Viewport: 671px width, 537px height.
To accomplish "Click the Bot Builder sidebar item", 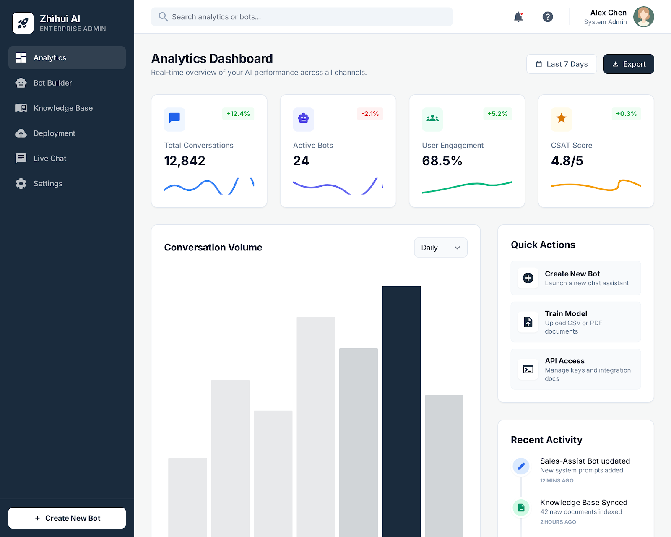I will tap(52, 83).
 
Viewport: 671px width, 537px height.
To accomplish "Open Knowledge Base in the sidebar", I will tap(63, 108).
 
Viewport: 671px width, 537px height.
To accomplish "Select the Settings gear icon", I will tap(21, 184).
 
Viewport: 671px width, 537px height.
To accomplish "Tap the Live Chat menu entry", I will tap(49, 159).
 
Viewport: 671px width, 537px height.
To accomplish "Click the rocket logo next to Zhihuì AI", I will tap(23, 23).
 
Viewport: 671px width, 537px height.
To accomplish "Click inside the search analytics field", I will tap(302, 17).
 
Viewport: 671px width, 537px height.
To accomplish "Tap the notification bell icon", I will tap(518, 17).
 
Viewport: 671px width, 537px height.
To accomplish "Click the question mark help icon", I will tap(548, 17).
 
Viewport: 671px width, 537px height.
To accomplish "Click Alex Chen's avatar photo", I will tap(643, 17).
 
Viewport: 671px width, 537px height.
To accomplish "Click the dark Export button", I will tap(628, 64).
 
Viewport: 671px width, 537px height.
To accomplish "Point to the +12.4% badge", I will tap(238, 114).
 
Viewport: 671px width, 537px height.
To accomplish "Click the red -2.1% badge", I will tap(370, 114).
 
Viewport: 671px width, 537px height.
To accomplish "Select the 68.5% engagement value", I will tap(442, 161).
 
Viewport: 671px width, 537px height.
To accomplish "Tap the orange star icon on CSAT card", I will tap(561, 119).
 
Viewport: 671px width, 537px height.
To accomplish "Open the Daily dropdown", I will tap(440, 248).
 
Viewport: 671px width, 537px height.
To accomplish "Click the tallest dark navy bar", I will tap(401, 411).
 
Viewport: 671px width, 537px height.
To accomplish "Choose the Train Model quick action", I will tap(575, 322).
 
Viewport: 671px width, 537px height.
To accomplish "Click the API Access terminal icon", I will tap(528, 369).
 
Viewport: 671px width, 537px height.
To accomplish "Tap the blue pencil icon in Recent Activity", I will tap(521, 466).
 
